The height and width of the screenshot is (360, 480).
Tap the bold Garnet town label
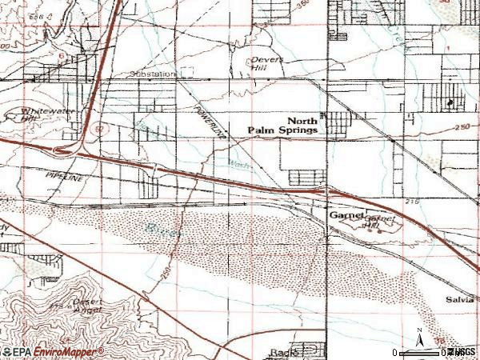346,216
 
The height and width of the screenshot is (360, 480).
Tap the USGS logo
462,352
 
